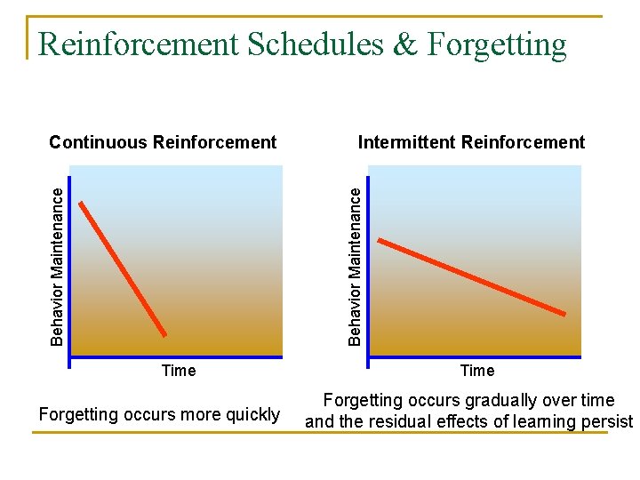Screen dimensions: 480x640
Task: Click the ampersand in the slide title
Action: click(x=404, y=44)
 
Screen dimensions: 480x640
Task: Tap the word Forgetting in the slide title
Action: click(x=496, y=44)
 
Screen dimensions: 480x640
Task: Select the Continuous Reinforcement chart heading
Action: click(x=163, y=142)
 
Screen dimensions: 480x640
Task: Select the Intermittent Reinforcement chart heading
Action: click(x=471, y=142)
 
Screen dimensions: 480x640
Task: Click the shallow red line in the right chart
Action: click(x=471, y=276)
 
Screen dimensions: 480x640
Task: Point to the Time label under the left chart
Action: click(x=178, y=371)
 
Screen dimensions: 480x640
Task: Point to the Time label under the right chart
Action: click(x=477, y=371)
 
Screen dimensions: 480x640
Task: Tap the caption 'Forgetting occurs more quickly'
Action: click(x=159, y=414)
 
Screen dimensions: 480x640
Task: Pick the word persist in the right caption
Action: click(x=607, y=421)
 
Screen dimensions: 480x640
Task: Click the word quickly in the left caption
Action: click(x=252, y=414)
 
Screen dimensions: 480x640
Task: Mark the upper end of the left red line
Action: click(x=81, y=204)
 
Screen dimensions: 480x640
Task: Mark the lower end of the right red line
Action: click(x=564, y=314)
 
